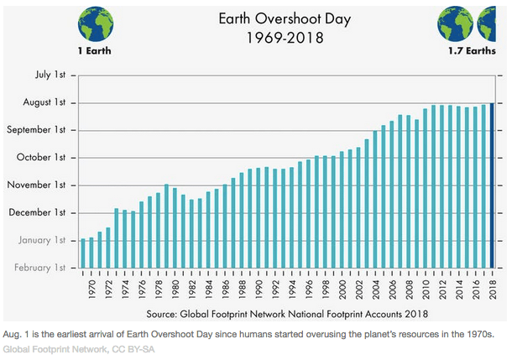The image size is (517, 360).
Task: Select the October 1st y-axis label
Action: (x=39, y=158)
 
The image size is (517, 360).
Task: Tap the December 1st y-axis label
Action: (x=37, y=212)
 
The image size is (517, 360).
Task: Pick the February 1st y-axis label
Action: (x=39, y=268)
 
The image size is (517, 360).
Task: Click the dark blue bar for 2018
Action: (x=492, y=185)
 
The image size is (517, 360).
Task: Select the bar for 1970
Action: (x=91, y=253)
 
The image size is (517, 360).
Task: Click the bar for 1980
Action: (x=175, y=227)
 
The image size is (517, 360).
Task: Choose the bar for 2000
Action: (x=342, y=209)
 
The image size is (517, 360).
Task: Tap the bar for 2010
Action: (x=426, y=188)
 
